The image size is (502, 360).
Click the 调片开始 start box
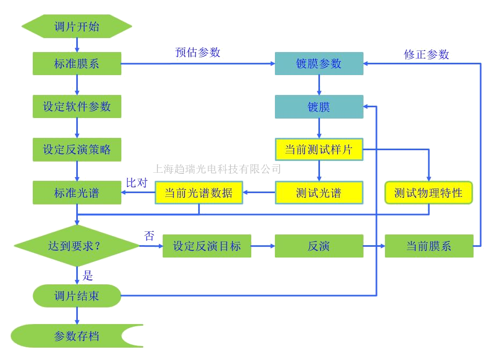pyautogui.click(x=77, y=26)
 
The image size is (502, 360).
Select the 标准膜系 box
pyautogui.click(x=77, y=64)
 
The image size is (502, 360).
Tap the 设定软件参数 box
pyautogui.click(x=77, y=107)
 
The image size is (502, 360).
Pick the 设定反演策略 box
pyautogui.click(x=77, y=149)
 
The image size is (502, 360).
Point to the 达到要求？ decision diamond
pyautogui.click(x=77, y=246)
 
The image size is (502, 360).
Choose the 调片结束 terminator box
pyautogui.click(x=77, y=296)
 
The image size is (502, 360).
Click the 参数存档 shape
pyautogui.click(x=77, y=336)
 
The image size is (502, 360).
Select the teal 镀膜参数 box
pyautogui.click(x=319, y=63)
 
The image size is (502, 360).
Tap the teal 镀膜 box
pyautogui.click(x=319, y=107)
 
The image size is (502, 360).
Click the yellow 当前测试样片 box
pyautogui.click(x=319, y=150)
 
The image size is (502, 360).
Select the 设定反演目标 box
pyautogui.click(x=207, y=246)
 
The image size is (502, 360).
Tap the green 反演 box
pyautogui.click(x=319, y=246)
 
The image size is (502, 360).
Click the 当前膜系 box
pyautogui.click(x=428, y=246)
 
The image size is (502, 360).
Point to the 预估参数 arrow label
pyautogui.click(x=199, y=53)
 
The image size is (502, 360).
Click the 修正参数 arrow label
pyautogui.click(x=427, y=54)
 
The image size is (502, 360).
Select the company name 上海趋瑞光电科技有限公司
pyautogui.click(x=217, y=169)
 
